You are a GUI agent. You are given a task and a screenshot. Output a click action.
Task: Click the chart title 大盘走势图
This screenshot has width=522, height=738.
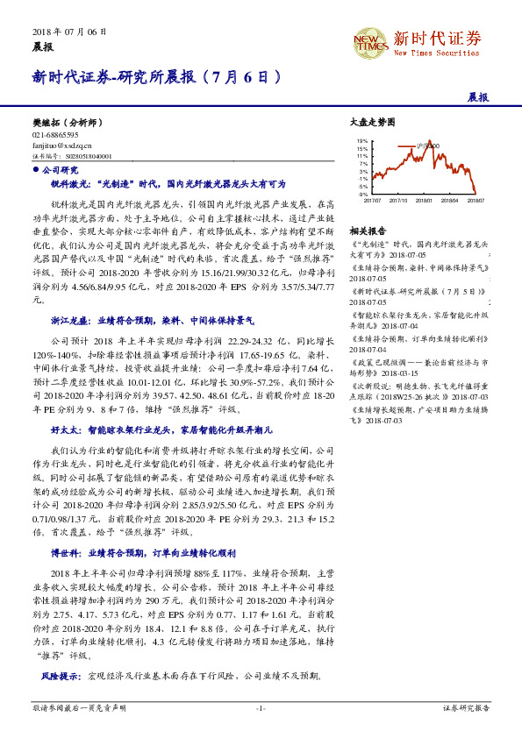tap(367, 124)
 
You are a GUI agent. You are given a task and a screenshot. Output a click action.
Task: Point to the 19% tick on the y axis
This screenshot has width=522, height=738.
tap(362, 140)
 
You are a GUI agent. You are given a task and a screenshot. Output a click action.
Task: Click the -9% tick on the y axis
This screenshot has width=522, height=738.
tap(362, 194)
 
